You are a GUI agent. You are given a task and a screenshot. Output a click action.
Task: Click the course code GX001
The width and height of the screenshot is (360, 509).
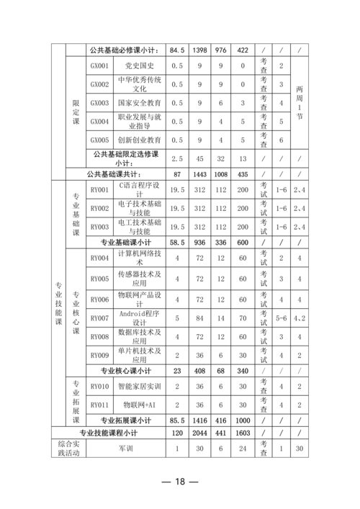click(99, 66)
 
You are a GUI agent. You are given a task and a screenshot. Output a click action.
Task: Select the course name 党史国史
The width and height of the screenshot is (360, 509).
click(139, 66)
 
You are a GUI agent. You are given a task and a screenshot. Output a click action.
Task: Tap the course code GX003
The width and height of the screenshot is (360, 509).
click(99, 103)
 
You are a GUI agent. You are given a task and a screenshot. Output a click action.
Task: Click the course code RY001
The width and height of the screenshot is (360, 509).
click(99, 189)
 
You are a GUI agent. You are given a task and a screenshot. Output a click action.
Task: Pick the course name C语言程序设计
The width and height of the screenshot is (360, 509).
click(139, 189)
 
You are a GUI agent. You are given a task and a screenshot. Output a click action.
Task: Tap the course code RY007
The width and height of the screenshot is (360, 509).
click(99, 317)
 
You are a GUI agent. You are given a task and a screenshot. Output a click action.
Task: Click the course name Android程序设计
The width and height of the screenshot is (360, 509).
click(139, 317)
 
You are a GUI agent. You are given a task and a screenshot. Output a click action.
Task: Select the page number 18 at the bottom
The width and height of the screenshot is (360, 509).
click(179, 482)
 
